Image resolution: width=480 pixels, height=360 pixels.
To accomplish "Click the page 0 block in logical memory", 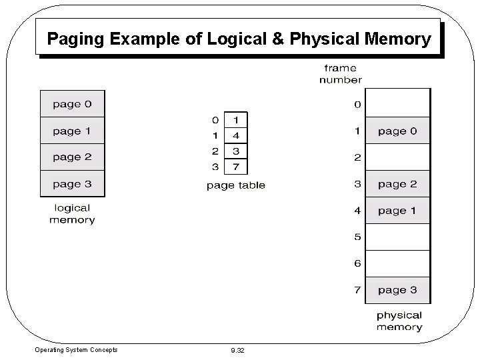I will (72, 105).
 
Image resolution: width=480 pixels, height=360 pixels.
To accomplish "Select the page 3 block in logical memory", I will (72, 184).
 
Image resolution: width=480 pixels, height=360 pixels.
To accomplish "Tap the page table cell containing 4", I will (236, 135).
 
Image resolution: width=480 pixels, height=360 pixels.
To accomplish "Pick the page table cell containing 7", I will (236, 165).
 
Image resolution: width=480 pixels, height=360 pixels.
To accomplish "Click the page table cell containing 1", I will (236, 120).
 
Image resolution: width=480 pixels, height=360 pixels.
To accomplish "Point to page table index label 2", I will (215, 151).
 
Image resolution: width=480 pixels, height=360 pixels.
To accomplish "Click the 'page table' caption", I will (235, 185).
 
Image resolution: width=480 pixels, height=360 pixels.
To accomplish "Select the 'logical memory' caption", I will (72, 213).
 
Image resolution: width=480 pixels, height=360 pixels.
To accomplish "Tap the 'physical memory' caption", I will (399, 321).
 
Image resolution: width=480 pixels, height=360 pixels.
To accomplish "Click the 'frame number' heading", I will (341, 73).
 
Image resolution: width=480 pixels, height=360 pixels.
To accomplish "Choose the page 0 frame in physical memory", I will (397, 131).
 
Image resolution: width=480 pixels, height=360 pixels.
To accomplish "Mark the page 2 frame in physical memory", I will (397, 184).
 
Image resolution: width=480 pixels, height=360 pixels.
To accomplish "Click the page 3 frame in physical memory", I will (397, 289).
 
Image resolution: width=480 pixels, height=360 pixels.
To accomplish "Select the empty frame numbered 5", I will (397, 237).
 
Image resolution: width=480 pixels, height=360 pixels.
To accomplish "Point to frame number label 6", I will (357, 263).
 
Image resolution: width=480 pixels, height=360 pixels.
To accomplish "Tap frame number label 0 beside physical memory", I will (357, 105).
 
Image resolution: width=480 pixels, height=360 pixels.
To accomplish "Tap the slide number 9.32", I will (237, 350).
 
